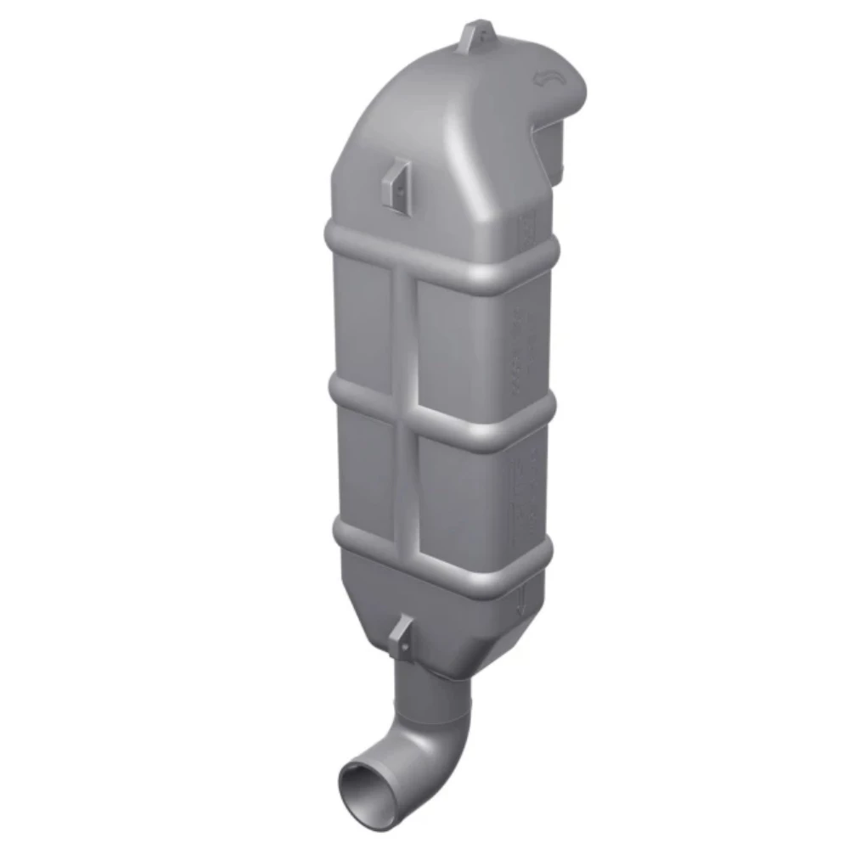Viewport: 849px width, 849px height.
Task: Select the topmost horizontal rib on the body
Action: tap(441, 258)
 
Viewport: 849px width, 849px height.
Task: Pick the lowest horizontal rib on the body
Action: tap(441, 556)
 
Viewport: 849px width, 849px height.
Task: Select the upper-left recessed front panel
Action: tap(363, 323)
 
